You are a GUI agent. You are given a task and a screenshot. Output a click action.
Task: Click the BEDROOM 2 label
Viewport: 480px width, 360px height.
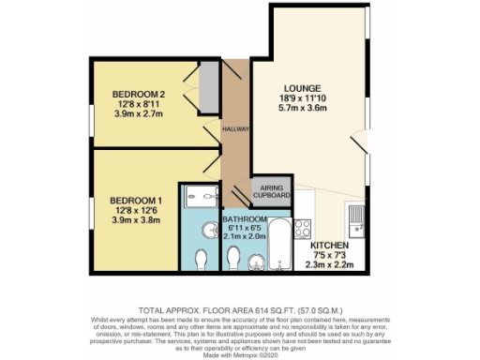pos(139,94)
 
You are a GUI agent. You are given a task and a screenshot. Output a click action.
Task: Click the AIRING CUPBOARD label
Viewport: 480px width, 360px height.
pos(273,191)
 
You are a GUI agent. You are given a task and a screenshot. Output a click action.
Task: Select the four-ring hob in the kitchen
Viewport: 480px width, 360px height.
pos(305,229)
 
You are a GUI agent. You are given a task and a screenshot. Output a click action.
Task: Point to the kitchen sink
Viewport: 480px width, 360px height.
pos(356,220)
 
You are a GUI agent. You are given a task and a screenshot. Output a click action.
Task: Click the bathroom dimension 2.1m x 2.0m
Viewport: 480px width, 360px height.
pos(246,238)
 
